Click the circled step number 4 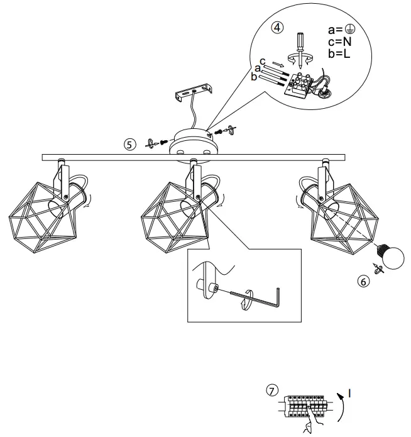(277, 28)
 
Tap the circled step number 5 (129, 143)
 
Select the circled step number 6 (362, 282)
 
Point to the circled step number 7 (271, 391)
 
